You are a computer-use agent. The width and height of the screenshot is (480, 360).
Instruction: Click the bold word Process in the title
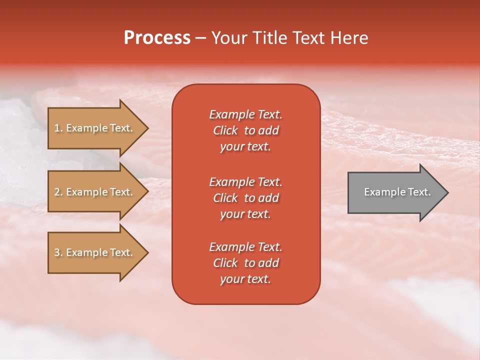pyautogui.click(x=157, y=38)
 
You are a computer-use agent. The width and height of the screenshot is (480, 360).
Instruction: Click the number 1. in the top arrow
pyautogui.click(x=58, y=128)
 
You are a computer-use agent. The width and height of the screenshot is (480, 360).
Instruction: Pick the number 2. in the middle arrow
pyautogui.click(x=58, y=192)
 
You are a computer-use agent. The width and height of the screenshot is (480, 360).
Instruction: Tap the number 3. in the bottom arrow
pyautogui.click(x=58, y=252)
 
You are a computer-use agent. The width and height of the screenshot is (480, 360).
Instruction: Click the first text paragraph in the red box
pyautogui.click(x=245, y=130)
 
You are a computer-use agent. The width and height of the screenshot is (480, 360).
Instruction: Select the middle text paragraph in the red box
pyautogui.click(x=245, y=198)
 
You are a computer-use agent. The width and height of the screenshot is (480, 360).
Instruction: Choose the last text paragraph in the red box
pyautogui.click(x=245, y=263)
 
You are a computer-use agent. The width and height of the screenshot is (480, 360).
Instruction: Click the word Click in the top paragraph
pyautogui.click(x=225, y=130)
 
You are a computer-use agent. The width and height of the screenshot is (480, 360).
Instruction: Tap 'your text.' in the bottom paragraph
pyautogui.click(x=245, y=279)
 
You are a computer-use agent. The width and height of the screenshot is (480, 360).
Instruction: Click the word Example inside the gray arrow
pyautogui.click(x=381, y=192)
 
